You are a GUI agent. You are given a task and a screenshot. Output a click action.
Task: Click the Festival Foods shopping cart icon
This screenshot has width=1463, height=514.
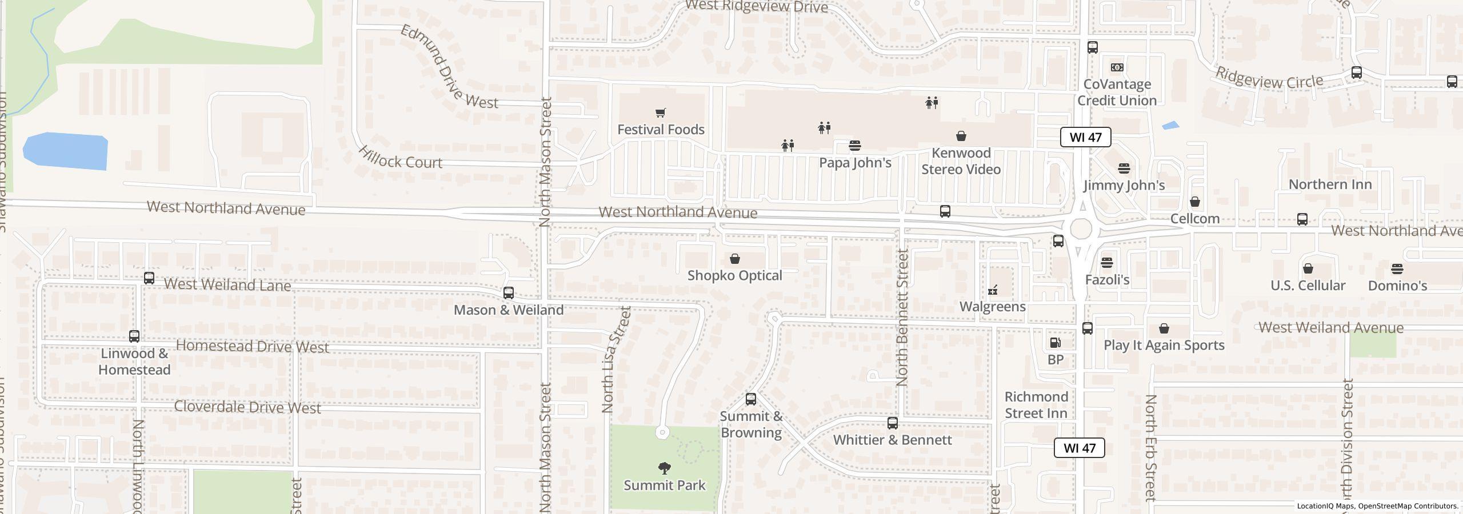point(661,113)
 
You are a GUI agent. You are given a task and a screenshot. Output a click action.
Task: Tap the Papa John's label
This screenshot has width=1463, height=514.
point(855,163)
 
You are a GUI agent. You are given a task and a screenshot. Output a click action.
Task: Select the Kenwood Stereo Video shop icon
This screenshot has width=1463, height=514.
point(961,136)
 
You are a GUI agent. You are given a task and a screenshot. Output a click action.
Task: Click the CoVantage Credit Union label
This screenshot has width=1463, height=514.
point(1117,93)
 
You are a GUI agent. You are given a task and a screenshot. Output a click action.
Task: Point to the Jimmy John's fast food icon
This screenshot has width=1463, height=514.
point(1124,168)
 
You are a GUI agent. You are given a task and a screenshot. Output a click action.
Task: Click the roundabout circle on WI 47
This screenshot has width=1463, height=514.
point(1081,228)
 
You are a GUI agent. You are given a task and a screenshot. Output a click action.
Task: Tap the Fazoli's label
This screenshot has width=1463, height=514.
point(1107,280)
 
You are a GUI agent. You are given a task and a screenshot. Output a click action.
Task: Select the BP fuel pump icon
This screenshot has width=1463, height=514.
point(1055,343)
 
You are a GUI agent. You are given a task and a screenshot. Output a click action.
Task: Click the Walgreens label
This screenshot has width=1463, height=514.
point(993,307)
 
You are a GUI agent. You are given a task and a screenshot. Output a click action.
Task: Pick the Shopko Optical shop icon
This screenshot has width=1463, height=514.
point(735,259)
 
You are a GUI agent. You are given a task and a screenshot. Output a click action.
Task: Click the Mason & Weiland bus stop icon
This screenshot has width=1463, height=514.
point(508,293)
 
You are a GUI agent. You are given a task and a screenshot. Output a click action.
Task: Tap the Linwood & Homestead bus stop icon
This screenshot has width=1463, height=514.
point(134,336)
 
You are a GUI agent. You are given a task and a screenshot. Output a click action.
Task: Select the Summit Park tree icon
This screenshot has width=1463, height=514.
point(664,468)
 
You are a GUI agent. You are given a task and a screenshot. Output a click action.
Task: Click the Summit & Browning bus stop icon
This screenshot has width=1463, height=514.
point(751,399)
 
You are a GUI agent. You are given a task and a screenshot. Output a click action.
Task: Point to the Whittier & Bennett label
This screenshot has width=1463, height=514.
point(892,440)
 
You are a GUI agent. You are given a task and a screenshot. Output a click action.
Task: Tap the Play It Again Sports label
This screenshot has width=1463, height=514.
point(1164,345)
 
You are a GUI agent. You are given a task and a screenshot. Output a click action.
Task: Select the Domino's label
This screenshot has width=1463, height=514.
point(1397,286)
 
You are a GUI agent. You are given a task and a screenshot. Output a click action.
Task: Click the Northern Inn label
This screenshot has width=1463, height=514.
point(1330,184)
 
